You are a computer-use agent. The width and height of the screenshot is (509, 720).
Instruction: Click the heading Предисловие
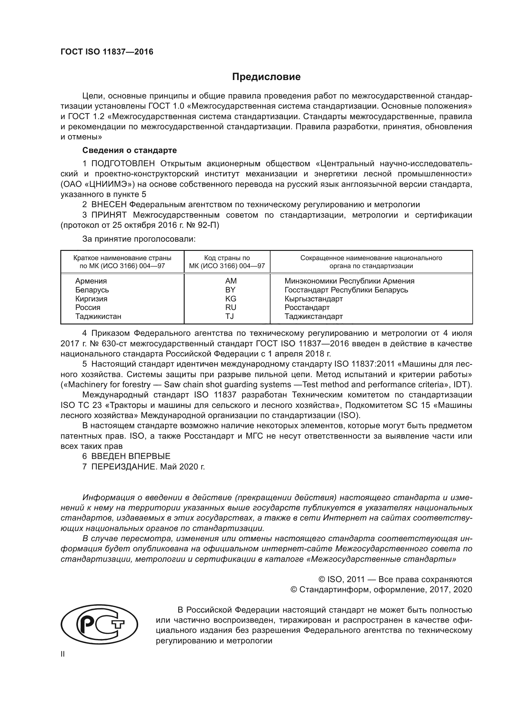coord(266,77)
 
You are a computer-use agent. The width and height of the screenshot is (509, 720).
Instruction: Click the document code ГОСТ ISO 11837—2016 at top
coord(107,52)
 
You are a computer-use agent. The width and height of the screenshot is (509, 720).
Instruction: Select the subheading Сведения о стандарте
coord(130,150)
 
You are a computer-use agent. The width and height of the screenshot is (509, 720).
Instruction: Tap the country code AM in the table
coord(231,281)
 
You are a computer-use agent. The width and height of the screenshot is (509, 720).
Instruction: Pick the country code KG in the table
coord(231,299)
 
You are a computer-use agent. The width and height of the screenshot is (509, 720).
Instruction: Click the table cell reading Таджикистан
coord(98,316)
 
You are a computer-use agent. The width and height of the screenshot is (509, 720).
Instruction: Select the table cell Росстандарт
coord(307,307)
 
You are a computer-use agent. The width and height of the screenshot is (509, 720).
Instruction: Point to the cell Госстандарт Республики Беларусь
coord(346,290)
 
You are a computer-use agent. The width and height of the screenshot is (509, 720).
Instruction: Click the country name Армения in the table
coord(91,281)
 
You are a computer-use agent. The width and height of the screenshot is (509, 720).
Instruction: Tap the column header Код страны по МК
coord(227,262)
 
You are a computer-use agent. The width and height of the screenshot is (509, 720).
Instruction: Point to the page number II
coord(63,654)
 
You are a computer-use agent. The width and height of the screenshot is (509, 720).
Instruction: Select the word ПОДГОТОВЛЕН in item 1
coord(123,164)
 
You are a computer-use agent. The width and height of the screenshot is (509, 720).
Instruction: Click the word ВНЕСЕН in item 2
coord(109,205)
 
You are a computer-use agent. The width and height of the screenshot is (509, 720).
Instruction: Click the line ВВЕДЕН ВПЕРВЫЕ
coord(131,456)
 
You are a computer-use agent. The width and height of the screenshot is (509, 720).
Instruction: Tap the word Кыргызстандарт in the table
coord(313,299)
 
